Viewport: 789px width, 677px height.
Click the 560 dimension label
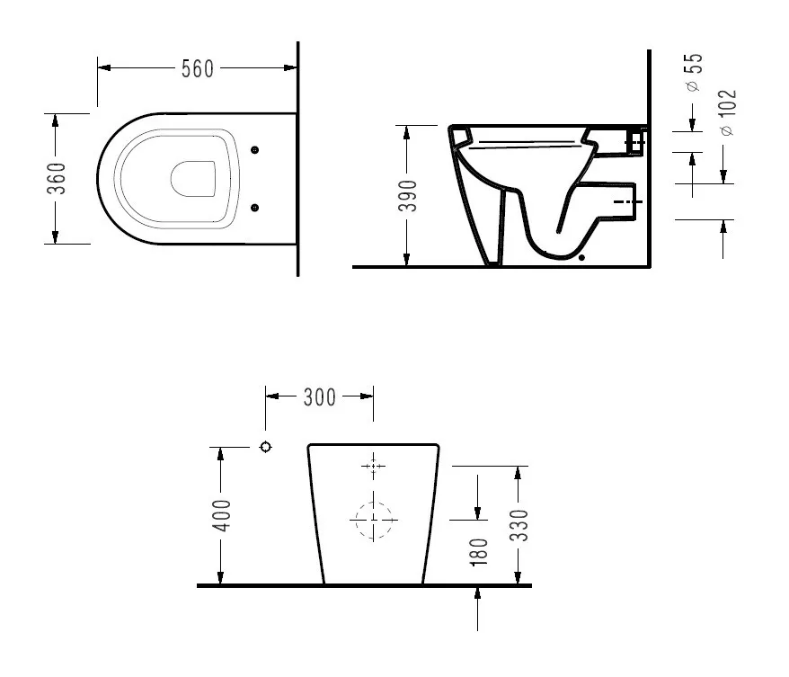(198, 69)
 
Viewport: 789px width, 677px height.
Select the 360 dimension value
(57, 178)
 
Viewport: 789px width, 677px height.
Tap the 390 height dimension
(408, 196)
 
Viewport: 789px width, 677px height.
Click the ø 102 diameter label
(728, 112)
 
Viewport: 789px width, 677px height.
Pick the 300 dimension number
(320, 397)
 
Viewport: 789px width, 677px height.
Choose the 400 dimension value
(221, 515)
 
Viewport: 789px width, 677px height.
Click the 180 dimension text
(479, 552)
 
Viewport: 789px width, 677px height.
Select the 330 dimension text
(519, 525)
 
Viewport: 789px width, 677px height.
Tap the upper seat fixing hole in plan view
(254, 149)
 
